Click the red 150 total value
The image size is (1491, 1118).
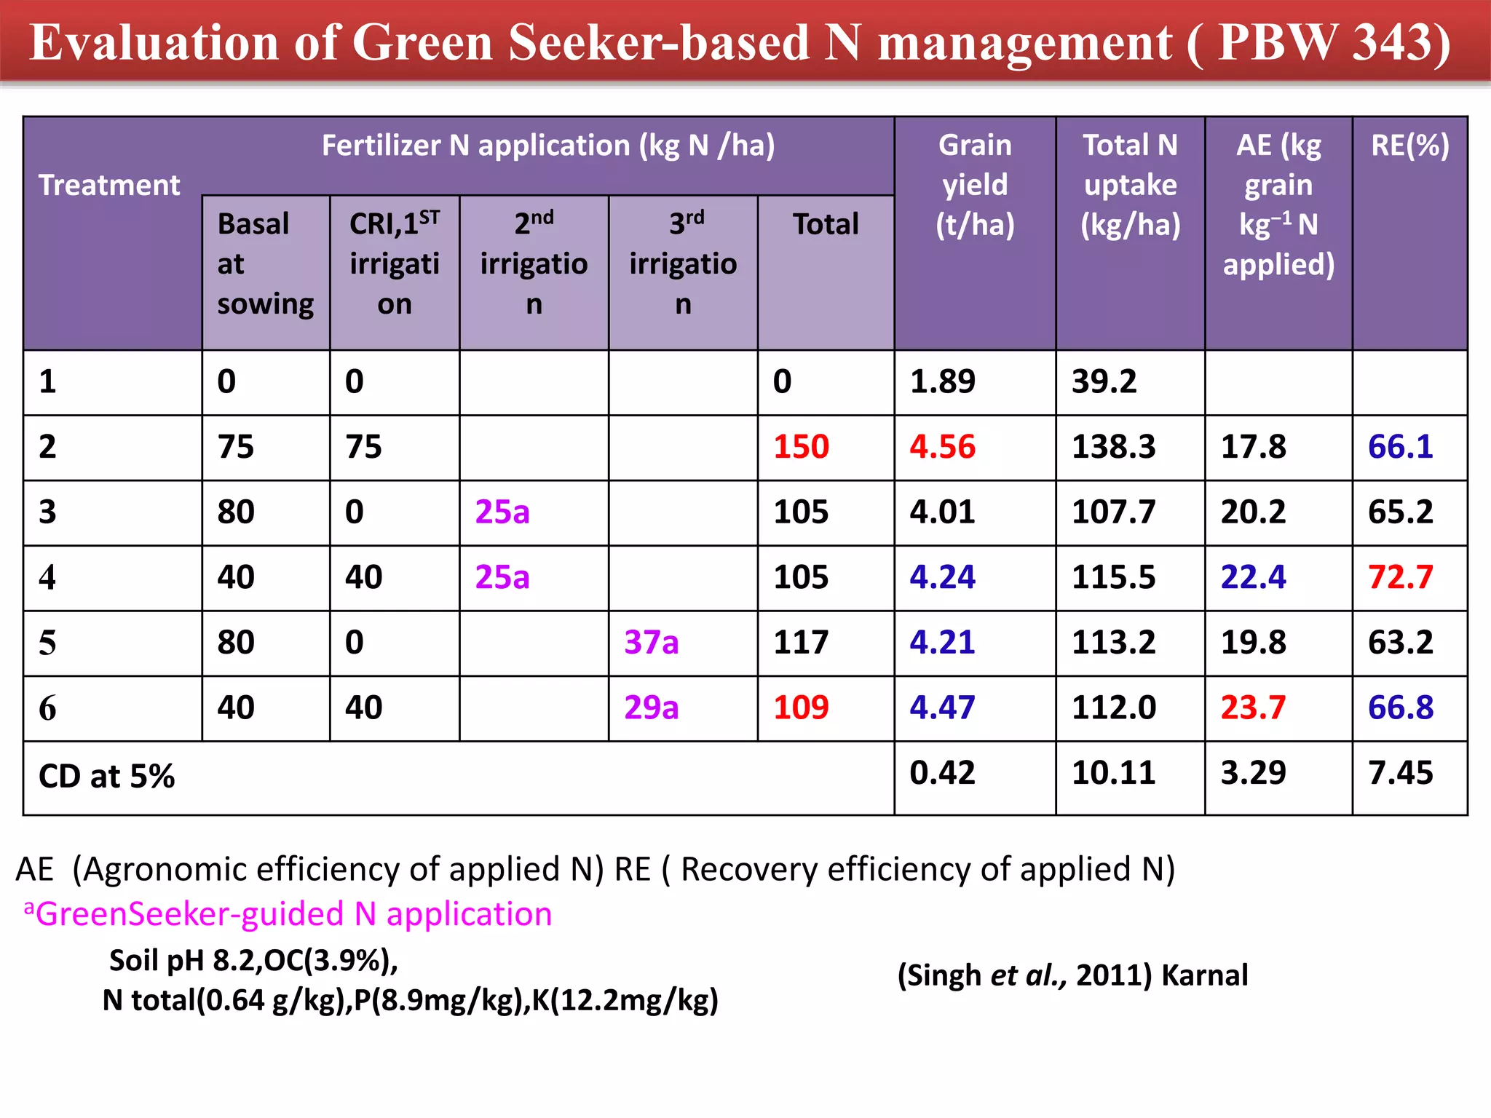(801, 447)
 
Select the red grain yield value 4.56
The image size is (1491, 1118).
(942, 447)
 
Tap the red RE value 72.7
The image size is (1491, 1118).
(1400, 578)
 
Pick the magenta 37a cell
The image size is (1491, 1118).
(651, 643)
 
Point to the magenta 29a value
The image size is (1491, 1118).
(651, 707)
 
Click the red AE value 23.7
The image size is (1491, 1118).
(1253, 707)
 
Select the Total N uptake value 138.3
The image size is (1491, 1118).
(1113, 447)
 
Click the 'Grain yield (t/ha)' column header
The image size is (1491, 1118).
(975, 186)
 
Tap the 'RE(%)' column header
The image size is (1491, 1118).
(1409, 146)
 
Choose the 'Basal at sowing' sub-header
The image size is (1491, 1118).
(265, 263)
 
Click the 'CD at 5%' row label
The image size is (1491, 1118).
(106, 776)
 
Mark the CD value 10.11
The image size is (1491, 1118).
(1113, 773)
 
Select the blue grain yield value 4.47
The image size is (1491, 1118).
(942, 707)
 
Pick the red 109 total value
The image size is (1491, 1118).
(801, 707)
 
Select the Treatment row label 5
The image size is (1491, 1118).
(47, 643)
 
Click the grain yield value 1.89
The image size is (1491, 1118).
(942, 381)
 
